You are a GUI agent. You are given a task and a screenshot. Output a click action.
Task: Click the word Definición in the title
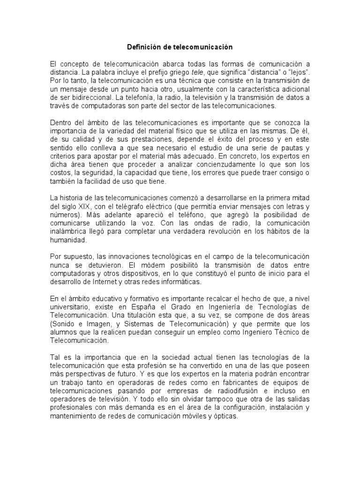[x=142, y=47]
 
